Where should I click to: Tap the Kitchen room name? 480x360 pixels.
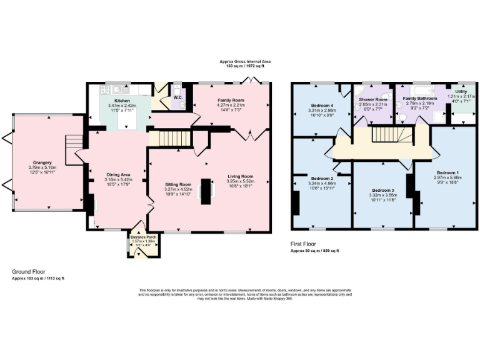coord(121,101)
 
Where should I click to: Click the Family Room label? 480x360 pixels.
coord(231,100)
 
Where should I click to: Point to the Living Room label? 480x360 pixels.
coord(240,176)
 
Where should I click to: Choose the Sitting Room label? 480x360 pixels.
coord(177,185)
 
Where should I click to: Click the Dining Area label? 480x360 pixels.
coord(117,174)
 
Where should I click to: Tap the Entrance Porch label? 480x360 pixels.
coord(143,237)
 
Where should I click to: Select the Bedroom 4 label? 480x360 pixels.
coord(323,104)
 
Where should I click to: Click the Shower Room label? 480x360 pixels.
coord(372,99)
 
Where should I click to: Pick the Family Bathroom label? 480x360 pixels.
coord(419,99)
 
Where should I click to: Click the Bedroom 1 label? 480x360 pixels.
coord(447,172)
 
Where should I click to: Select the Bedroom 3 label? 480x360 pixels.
coord(383,189)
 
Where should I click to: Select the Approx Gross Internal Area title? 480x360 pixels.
coord(245,61)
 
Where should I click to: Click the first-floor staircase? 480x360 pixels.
coord(385,134)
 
